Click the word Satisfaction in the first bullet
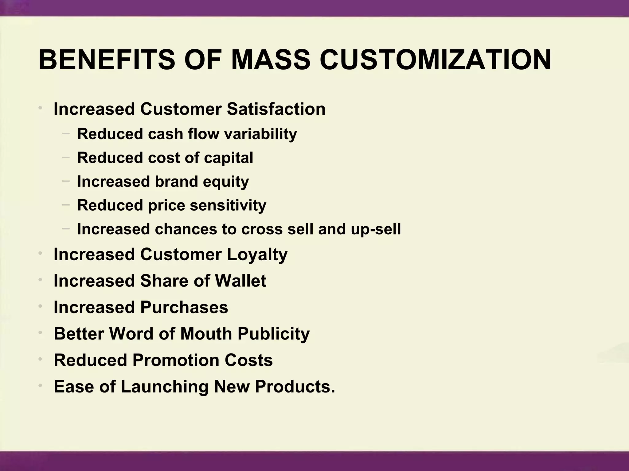(276, 109)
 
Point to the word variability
(260, 134)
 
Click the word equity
(226, 182)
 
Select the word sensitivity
(228, 205)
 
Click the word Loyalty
(257, 255)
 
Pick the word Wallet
(240, 281)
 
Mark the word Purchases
(184, 307)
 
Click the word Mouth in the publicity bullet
(206, 334)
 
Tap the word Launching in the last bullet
(165, 386)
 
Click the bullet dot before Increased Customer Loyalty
(40, 253)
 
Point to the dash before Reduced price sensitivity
(66, 204)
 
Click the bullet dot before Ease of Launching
(40, 385)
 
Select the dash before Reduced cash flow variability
(66, 133)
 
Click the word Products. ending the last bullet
(295, 386)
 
